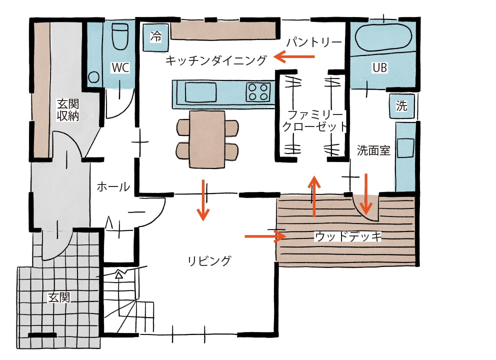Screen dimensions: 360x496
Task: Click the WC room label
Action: tap(120, 67)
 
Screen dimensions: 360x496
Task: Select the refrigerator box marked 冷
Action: tap(156, 36)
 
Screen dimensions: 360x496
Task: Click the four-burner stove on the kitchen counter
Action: tap(258, 92)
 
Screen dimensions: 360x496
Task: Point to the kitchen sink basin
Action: tap(200, 92)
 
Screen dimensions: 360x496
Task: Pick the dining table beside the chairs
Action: tap(207, 139)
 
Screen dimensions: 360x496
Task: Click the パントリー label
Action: tap(313, 42)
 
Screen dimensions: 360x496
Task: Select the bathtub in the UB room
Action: tap(383, 36)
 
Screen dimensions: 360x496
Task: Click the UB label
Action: tap(380, 67)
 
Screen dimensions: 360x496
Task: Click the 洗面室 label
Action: tap(373, 150)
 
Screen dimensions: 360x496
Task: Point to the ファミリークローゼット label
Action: tap(313, 120)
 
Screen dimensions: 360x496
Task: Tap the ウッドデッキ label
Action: tap(348, 236)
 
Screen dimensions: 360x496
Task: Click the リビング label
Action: tap(210, 260)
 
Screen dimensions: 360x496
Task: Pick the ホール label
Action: tap(113, 187)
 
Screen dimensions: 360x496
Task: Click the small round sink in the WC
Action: tap(93, 77)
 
